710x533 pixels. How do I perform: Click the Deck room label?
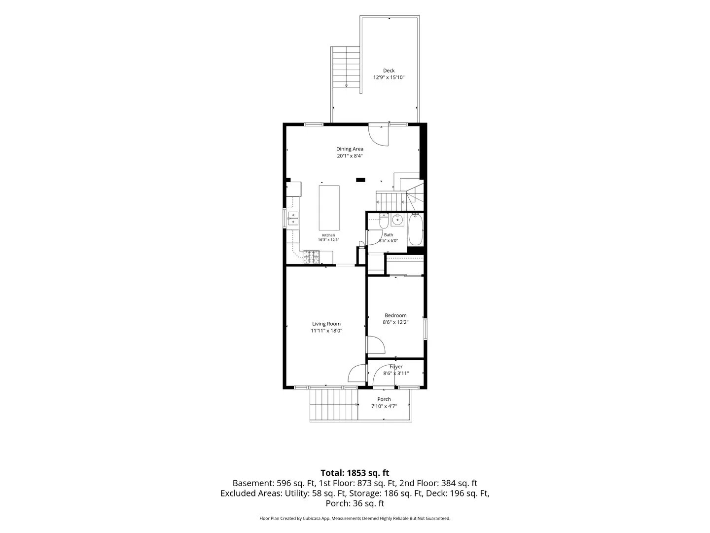[x=389, y=71]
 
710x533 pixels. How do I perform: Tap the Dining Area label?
[x=350, y=149]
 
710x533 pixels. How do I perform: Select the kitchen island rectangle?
[x=329, y=208]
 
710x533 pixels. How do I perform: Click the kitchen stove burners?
[x=311, y=257]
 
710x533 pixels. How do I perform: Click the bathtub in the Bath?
[x=415, y=230]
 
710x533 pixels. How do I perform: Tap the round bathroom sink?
[x=397, y=220]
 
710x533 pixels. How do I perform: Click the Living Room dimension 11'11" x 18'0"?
[x=326, y=331]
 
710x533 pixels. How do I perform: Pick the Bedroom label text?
[x=395, y=315]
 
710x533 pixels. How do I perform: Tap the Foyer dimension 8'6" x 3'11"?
[x=396, y=374]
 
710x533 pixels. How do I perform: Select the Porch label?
[x=384, y=399]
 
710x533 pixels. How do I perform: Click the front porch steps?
[x=334, y=405]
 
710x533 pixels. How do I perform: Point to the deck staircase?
[x=346, y=67]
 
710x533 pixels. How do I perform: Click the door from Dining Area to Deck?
[x=379, y=135]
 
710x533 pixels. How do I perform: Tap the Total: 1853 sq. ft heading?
[x=355, y=473]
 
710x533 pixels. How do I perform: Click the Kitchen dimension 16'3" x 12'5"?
[x=328, y=240]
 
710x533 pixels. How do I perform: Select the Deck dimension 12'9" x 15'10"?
[x=389, y=77]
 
